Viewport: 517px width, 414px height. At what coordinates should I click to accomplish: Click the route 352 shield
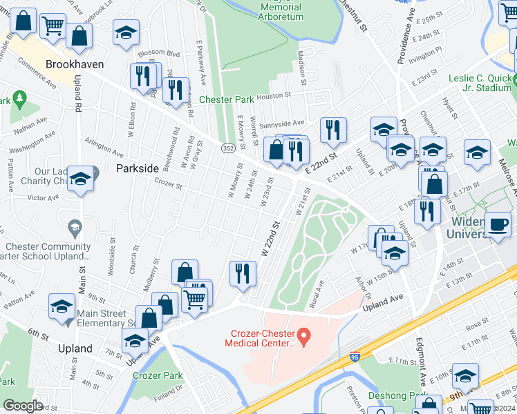227,148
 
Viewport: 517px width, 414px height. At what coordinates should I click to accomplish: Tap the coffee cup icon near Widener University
498,225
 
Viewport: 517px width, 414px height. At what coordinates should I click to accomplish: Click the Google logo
23,406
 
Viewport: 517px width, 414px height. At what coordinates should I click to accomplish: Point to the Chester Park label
227,99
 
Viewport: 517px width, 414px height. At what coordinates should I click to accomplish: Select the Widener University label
480,228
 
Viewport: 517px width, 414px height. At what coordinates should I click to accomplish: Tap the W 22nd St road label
270,240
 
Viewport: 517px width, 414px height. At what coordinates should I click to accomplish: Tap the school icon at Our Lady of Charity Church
80,179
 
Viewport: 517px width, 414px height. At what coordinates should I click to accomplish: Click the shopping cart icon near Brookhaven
53,26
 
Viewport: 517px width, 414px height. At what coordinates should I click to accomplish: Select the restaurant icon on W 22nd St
242,273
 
